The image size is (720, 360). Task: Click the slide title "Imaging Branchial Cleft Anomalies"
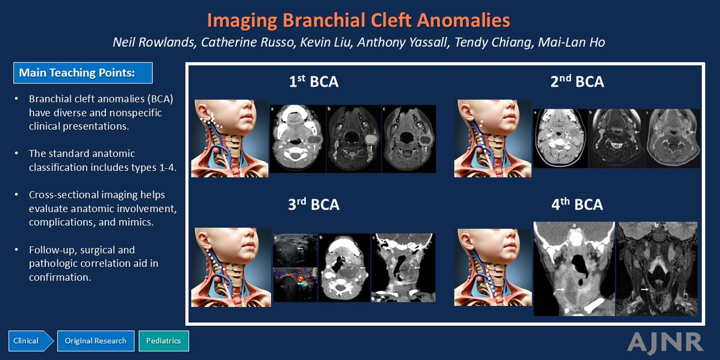[x=358, y=20]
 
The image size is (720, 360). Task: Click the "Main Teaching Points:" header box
[x=83, y=73]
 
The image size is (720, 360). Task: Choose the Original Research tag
[x=96, y=341]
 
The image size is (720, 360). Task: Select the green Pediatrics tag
[x=164, y=341]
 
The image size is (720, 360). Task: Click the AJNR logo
[x=665, y=343]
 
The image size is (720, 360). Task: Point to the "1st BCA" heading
[x=314, y=82]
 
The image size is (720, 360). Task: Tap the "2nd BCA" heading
[x=577, y=82]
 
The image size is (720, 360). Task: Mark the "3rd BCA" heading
[x=314, y=204]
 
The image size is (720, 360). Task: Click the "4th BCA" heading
[x=577, y=204]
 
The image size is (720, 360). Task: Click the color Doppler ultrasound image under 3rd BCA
[x=295, y=285]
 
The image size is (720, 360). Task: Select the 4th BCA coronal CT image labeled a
[x=574, y=269]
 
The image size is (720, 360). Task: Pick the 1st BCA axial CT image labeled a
[x=298, y=139]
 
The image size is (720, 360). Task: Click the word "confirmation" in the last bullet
[x=60, y=277]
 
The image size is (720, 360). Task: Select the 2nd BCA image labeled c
[x=673, y=138]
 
